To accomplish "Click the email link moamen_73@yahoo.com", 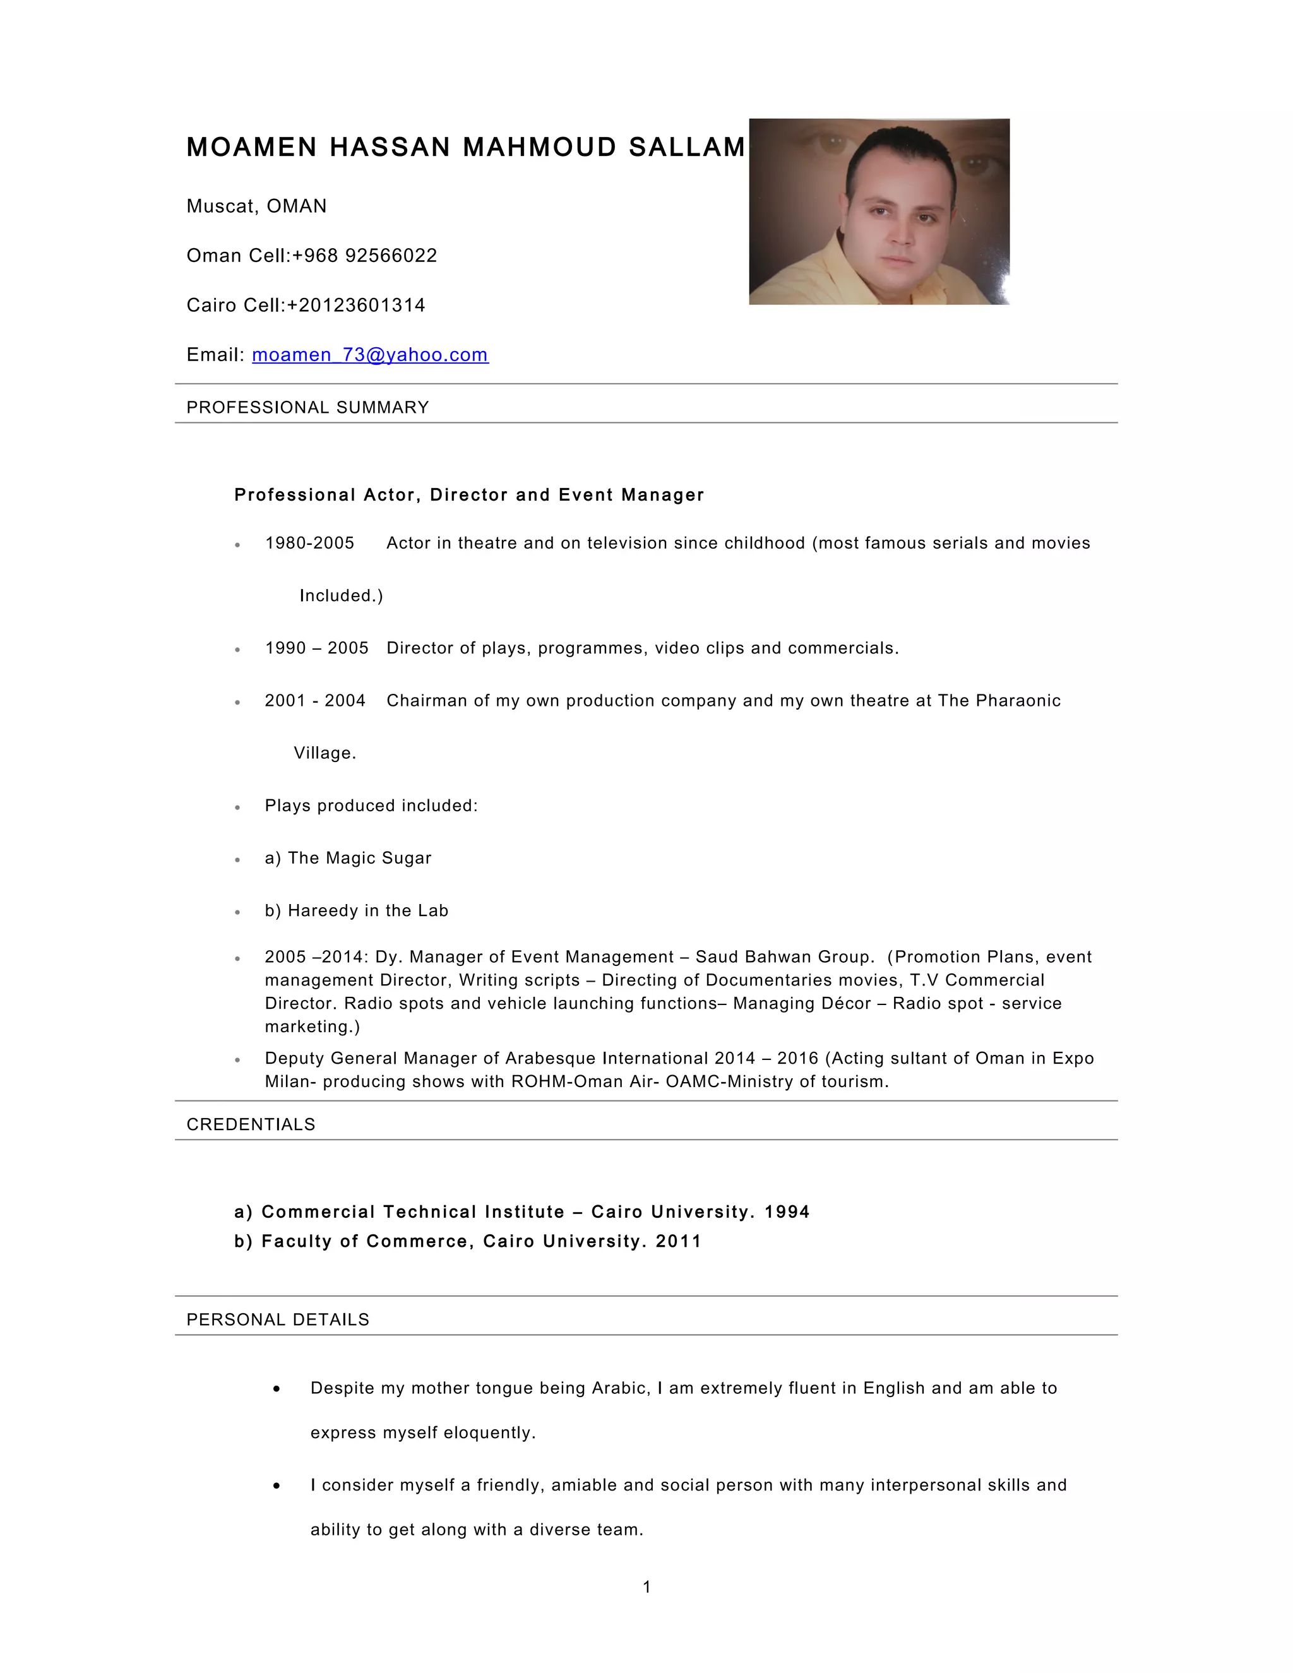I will point(370,355).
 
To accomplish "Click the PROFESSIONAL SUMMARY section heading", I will point(307,408).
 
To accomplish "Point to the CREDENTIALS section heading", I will point(251,1124).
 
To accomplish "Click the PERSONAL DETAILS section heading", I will point(277,1320).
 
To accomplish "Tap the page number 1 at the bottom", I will point(646,1587).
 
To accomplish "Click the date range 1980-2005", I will point(309,543).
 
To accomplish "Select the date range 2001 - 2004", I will point(315,701).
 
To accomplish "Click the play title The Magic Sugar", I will point(359,858).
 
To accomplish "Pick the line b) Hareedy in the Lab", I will point(356,911).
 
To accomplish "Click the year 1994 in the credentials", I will point(787,1212).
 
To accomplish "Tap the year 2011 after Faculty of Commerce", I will point(678,1241).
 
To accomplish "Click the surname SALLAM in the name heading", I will point(686,147).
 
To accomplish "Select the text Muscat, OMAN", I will point(256,206).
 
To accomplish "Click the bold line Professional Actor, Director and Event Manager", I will point(469,495).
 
